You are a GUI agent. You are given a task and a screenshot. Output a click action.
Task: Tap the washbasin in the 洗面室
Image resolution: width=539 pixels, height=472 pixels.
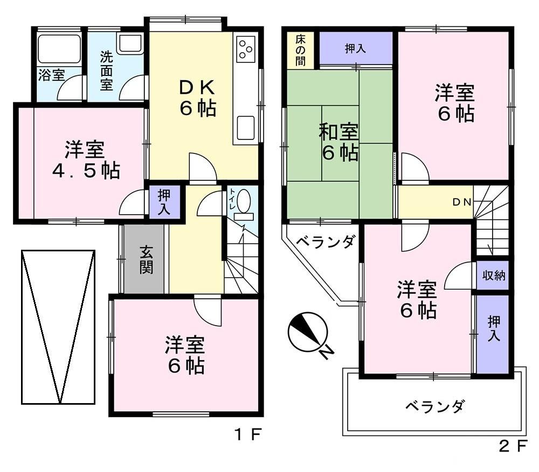click(130, 44)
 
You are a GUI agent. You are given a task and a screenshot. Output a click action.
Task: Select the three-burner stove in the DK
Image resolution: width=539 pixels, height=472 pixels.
click(245, 50)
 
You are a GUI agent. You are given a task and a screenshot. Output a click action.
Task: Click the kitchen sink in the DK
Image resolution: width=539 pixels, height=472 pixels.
click(245, 128)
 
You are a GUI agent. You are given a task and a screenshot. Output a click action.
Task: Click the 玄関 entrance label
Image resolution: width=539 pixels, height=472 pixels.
click(146, 260)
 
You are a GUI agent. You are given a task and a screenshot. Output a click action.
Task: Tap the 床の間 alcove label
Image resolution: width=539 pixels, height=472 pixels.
click(300, 50)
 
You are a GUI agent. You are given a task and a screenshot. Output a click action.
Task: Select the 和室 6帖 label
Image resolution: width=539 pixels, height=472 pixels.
click(338, 142)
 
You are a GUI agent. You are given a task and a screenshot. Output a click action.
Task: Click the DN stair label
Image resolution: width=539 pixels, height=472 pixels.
click(462, 202)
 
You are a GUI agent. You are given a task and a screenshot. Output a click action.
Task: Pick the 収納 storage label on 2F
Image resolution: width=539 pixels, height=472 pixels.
click(494, 275)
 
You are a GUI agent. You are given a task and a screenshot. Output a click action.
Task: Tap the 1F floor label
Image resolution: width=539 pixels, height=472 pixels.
click(248, 435)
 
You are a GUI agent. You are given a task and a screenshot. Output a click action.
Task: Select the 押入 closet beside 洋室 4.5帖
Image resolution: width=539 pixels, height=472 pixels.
click(164, 202)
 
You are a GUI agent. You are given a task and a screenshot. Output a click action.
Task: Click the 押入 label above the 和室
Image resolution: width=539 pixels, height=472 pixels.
click(355, 49)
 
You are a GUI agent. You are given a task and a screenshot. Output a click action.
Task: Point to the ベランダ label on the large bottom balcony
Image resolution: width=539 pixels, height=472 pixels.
click(434, 406)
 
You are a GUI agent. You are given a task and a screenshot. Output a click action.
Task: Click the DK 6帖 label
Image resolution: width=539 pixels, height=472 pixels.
click(198, 98)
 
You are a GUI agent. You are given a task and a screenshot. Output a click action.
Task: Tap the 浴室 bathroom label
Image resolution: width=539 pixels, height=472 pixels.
click(52, 75)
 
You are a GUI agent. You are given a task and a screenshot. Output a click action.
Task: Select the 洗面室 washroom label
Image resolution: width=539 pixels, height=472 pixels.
click(107, 71)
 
